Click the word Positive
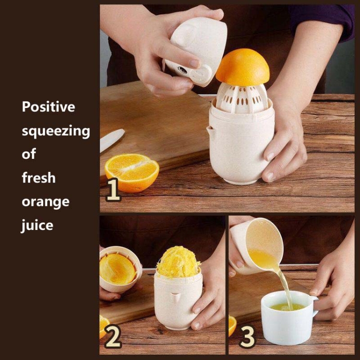click(48, 107)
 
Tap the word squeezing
click(56, 132)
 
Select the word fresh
click(38, 178)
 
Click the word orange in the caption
click(46, 202)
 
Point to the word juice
click(37, 225)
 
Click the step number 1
click(113, 190)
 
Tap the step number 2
click(112, 336)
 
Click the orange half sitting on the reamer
click(243, 66)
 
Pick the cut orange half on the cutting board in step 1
click(132, 173)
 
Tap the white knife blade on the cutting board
click(111, 140)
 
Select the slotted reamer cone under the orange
click(242, 98)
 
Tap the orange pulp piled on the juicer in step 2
click(178, 262)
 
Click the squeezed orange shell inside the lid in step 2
click(117, 269)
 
